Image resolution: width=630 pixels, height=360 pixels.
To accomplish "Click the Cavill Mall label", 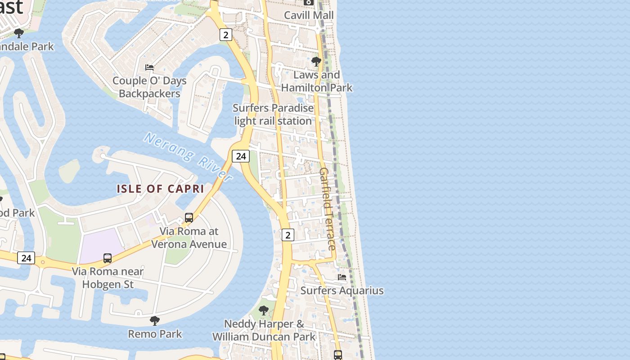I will pos(309,15).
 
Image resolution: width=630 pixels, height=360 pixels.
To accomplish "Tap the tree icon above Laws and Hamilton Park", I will pos(316,61).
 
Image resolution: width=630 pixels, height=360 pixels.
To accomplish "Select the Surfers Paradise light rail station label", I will pos(273,115).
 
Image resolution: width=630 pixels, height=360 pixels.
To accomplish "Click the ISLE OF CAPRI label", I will pos(161,189).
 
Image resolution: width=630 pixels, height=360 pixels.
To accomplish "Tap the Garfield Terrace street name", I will pos(328,209).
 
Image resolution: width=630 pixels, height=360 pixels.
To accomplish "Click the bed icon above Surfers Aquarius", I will pos(342,277).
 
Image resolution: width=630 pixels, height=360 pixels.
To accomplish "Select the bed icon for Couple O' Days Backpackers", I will pos(149,67).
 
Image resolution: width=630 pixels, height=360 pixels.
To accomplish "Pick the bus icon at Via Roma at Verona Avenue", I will pos(189,218).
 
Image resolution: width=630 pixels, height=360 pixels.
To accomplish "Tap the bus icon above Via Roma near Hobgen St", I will pos(108,258).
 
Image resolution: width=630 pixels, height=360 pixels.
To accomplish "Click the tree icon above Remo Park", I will pos(155,320).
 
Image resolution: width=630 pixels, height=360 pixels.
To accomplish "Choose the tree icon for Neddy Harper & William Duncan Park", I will pos(264,310).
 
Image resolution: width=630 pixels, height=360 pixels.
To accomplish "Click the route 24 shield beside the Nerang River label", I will pos(241,156).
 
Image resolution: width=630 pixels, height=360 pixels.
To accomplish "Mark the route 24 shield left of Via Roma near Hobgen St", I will pos(26,258).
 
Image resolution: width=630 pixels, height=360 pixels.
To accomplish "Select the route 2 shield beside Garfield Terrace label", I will pos(288,234).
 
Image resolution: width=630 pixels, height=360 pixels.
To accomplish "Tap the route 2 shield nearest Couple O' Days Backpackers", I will pos(226,35).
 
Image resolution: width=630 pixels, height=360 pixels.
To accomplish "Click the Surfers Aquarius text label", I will pos(342,291).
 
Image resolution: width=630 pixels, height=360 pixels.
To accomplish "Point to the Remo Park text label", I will pos(155,334).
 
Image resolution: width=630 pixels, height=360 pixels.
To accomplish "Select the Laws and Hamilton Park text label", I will pos(317,81).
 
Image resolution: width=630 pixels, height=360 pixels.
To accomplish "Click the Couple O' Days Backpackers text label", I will pos(149,87).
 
